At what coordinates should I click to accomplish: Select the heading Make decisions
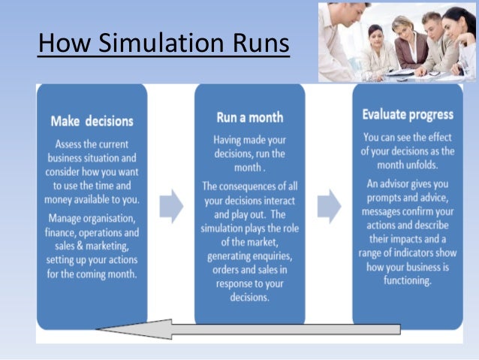[92, 120]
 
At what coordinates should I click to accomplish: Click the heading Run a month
[250, 117]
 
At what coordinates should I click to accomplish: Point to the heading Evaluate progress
[407, 115]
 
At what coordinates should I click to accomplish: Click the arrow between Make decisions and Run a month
[171, 204]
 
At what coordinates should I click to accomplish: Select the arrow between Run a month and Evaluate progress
[329, 204]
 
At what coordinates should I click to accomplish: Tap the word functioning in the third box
[406, 281]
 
